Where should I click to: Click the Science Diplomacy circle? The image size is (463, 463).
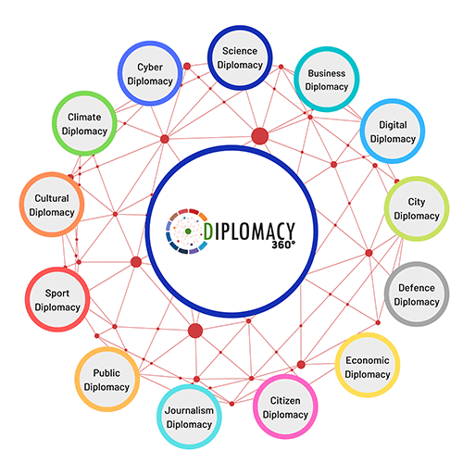240,57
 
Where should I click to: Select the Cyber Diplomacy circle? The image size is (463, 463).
150,73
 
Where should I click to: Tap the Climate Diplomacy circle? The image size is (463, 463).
84,123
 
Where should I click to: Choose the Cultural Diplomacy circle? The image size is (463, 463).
52,205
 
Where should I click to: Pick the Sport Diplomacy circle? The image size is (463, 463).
57,299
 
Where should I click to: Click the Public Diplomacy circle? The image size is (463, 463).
106,380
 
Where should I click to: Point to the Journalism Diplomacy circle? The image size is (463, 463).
189,417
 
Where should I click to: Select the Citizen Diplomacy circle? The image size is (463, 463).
285,407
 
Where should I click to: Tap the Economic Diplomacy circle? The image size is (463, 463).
368,365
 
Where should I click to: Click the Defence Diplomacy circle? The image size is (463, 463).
417,294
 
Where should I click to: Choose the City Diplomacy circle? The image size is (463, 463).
417,208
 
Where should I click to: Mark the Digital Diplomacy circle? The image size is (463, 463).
393,131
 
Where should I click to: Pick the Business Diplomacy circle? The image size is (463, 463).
327,80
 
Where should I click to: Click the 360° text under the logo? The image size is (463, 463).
283,245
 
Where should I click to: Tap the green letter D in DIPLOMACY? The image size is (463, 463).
208,231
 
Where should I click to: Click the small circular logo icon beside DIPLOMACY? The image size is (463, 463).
187,231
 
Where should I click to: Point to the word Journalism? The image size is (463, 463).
189,411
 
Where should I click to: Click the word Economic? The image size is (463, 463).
368,360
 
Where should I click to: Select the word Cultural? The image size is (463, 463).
52,198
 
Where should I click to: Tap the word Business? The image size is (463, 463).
327,73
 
